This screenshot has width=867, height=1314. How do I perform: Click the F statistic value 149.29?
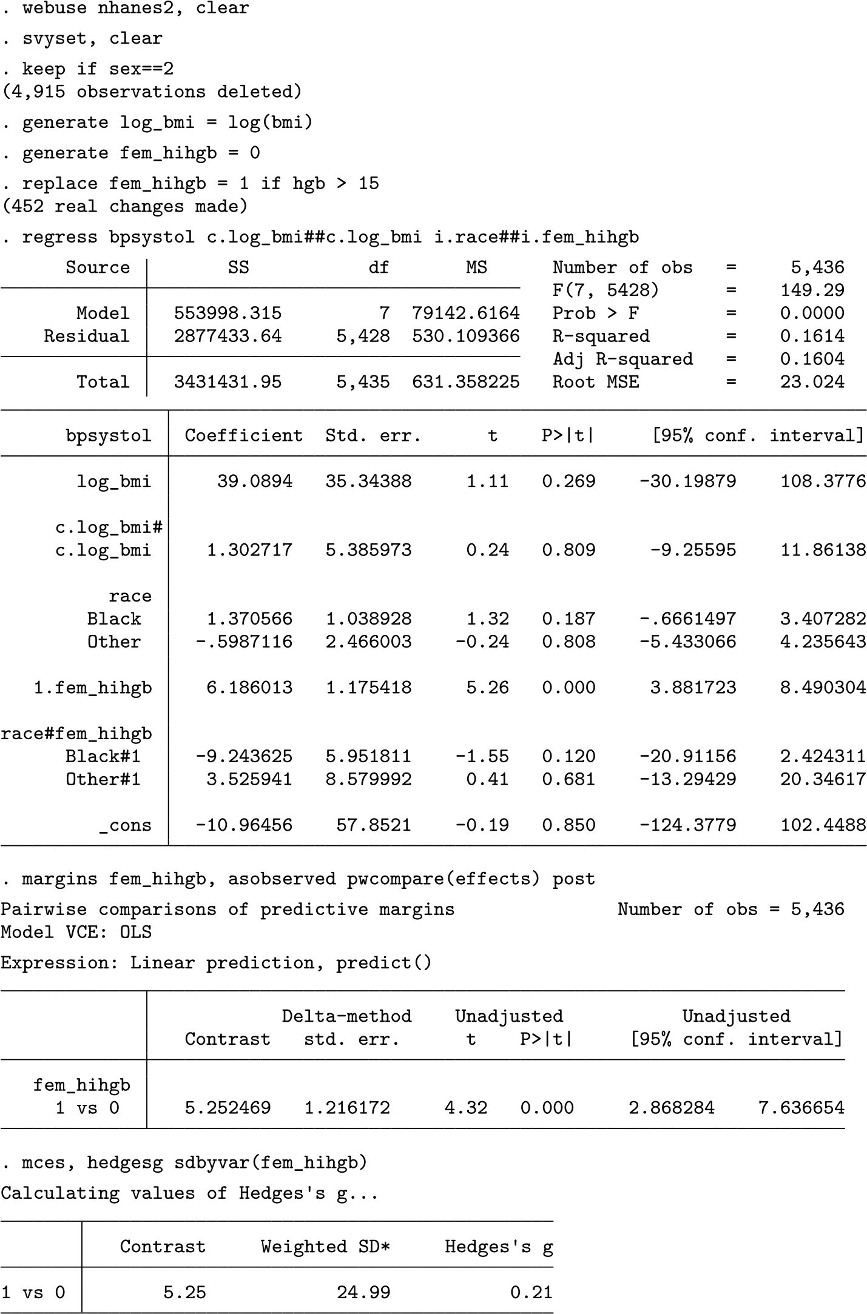tap(812, 290)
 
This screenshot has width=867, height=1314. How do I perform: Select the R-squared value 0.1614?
tap(812, 336)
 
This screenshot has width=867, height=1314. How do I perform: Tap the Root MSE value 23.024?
tap(812, 382)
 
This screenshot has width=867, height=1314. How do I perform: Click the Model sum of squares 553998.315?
tap(228, 313)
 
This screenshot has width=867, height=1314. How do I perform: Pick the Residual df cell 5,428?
tap(363, 336)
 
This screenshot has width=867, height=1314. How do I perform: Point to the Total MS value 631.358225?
tap(465, 382)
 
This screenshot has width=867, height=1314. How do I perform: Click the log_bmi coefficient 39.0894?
tap(255, 481)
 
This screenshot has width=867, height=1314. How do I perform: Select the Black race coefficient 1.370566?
tap(249, 618)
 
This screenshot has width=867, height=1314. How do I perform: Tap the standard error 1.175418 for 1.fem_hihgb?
tap(368, 688)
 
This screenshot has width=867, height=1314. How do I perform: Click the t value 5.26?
tap(487, 688)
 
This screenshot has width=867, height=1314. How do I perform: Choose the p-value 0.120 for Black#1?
tap(568, 756)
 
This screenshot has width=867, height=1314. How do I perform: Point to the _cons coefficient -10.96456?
tap(244, 825)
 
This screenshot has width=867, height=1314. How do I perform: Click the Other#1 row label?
tap(103, 779)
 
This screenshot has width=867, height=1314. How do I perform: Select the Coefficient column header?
tap(243, 435)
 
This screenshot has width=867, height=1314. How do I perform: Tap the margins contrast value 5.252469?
tap(228, 1108)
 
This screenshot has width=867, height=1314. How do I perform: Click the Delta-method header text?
tap(346, 1016)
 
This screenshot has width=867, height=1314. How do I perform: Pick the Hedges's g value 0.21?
tap(531, 1292)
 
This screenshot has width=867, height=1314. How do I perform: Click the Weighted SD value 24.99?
tap(363, 1292)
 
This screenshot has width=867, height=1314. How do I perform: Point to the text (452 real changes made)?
tap(124, 206)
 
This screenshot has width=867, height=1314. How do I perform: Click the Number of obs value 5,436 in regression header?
tap(817, 267)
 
